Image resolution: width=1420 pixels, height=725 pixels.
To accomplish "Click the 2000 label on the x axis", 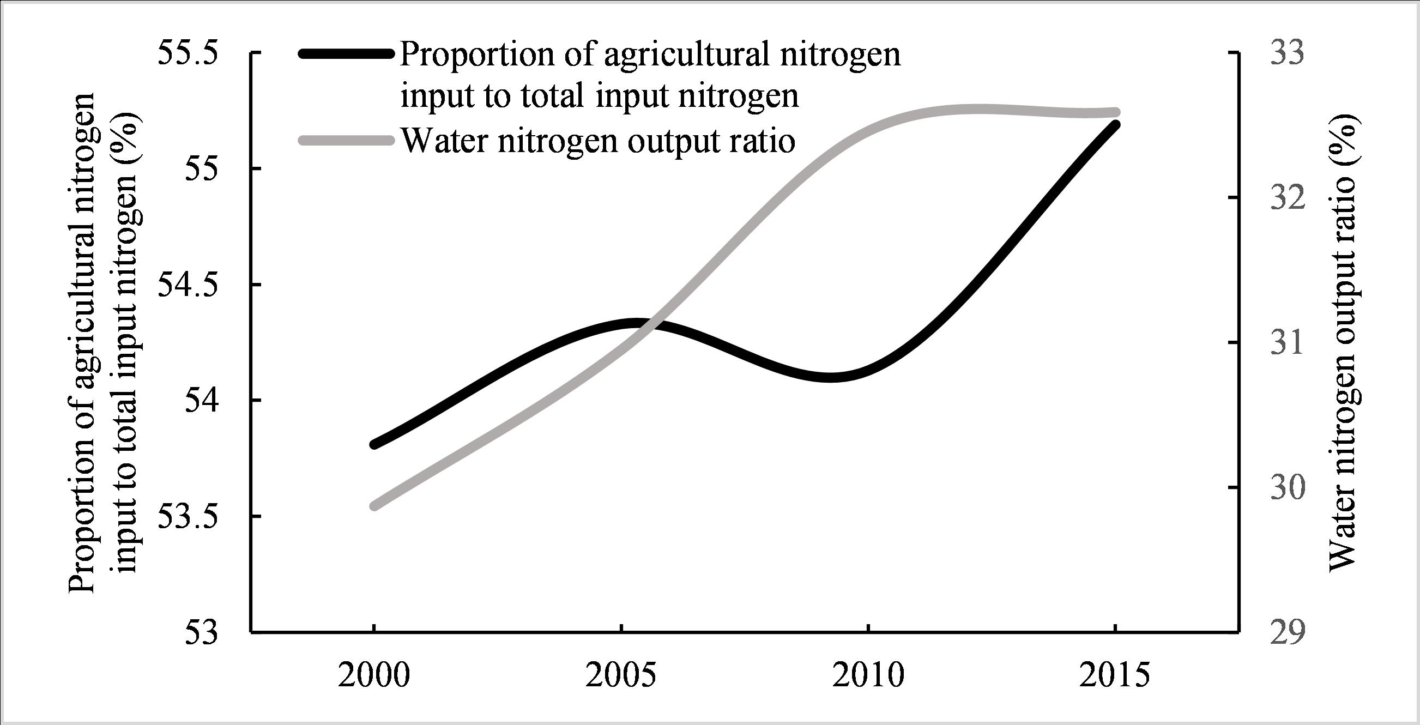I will coord(374,676).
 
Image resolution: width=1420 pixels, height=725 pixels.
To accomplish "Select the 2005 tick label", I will coord(621,676).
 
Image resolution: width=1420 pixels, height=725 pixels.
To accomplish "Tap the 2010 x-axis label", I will coord(868,676).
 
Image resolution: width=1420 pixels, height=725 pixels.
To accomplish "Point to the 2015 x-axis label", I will coord(1115,676).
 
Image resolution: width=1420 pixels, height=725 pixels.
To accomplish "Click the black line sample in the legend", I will coord(346,53).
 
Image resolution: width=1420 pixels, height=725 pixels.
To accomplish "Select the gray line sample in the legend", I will coord(346,141).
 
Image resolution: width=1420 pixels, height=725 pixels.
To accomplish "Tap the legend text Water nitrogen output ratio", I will coord(598,141).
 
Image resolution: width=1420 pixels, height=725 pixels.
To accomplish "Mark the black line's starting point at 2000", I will coord(374,444).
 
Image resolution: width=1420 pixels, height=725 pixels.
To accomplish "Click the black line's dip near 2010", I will coord(831,377).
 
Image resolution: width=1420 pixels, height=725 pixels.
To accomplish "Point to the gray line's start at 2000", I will coord(374,506).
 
